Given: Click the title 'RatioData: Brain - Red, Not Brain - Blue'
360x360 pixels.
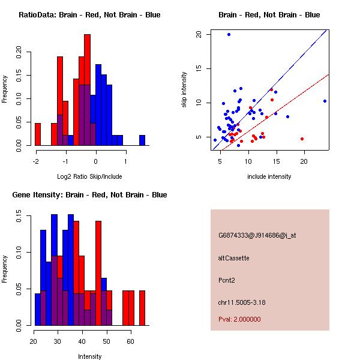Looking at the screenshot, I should point(89,15).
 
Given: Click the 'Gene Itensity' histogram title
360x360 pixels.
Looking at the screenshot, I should point(89,195).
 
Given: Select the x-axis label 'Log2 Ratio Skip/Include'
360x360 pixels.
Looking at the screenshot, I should point(89,176).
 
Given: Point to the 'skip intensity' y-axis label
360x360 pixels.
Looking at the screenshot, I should point(185,90).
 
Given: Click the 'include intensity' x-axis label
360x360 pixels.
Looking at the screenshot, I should point(269,176).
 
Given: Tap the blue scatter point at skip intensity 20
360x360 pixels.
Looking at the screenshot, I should point(229,34).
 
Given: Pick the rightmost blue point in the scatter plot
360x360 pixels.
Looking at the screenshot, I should point(325,101).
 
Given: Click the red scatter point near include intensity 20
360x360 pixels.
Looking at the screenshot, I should point(302,139).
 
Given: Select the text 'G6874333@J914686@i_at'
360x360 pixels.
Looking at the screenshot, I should point(257,235).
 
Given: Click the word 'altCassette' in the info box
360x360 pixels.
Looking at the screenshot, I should point(233,258).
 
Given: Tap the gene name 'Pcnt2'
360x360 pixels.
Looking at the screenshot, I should point(227,280).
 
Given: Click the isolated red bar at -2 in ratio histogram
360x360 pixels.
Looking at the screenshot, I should point(38,134).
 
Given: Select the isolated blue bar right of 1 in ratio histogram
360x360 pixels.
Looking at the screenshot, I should point(142,140).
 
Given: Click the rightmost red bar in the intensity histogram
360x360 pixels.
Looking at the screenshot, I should point(142,308).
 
